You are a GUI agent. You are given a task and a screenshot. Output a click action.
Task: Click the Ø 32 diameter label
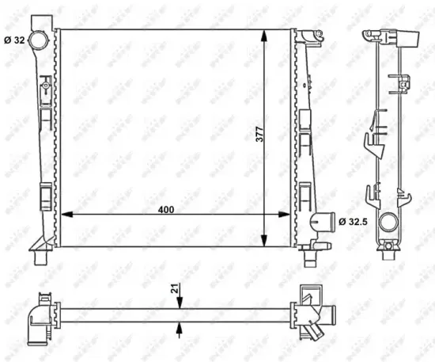coord(15,40)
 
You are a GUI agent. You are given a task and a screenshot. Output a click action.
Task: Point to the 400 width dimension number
coord(165,209)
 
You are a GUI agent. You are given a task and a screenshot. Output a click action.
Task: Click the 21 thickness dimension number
coord(174,289)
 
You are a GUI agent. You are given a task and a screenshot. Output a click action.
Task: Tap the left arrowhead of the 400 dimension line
coord(66,214)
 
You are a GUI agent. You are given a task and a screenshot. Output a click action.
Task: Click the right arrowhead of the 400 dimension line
coord(287,214)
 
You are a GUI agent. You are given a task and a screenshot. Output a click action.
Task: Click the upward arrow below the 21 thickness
coord(181,326)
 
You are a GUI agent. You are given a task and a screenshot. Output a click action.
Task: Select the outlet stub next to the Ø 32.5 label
coord(322,222)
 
